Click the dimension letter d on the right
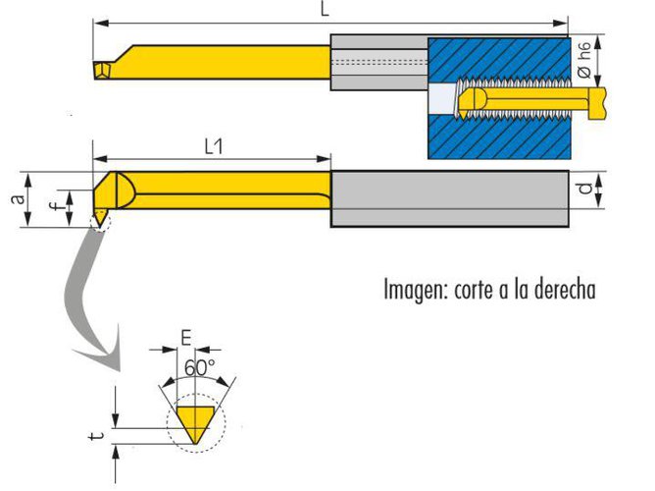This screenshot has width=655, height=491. [584, 189]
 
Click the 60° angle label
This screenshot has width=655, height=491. [198, 368]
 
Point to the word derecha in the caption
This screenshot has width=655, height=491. [558, 291]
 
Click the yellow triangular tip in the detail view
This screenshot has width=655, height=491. [196, 422]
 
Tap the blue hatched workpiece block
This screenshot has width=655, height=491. [510, 137]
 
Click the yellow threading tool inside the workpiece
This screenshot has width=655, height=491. [529, 101]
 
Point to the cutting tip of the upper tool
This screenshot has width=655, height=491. [101, 71]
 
